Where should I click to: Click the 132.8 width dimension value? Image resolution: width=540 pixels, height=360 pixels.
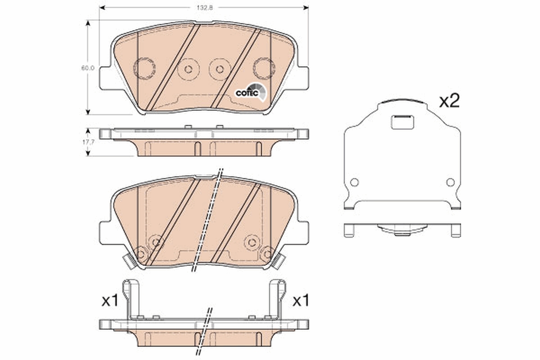click(205, 8)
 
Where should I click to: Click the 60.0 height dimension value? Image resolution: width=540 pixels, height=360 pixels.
click(88, 68)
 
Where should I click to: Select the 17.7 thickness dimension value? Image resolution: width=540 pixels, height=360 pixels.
click(88, 142)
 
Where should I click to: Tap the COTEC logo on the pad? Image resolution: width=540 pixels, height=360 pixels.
click(251, 92)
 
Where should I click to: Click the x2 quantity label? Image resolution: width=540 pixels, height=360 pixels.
click(450, 101)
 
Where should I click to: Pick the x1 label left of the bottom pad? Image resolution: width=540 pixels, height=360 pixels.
click(110, 301)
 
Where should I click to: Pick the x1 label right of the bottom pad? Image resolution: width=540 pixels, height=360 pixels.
click(301, 301)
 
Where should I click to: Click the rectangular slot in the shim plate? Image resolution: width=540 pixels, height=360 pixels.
click(402, 122)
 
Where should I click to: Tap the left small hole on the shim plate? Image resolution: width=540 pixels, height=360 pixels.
click(354, 182)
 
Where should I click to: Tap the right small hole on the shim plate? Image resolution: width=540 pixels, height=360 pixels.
click(450, 182)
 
